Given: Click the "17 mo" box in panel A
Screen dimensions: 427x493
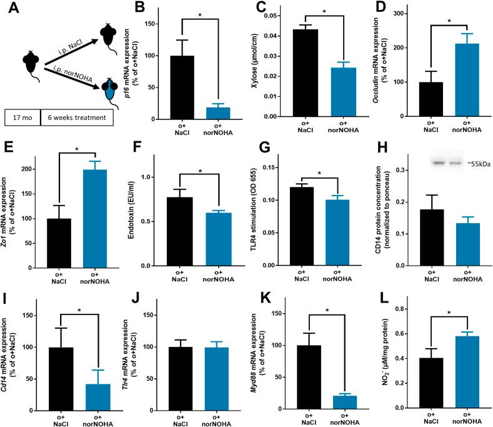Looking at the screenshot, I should tap(22, 118).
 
